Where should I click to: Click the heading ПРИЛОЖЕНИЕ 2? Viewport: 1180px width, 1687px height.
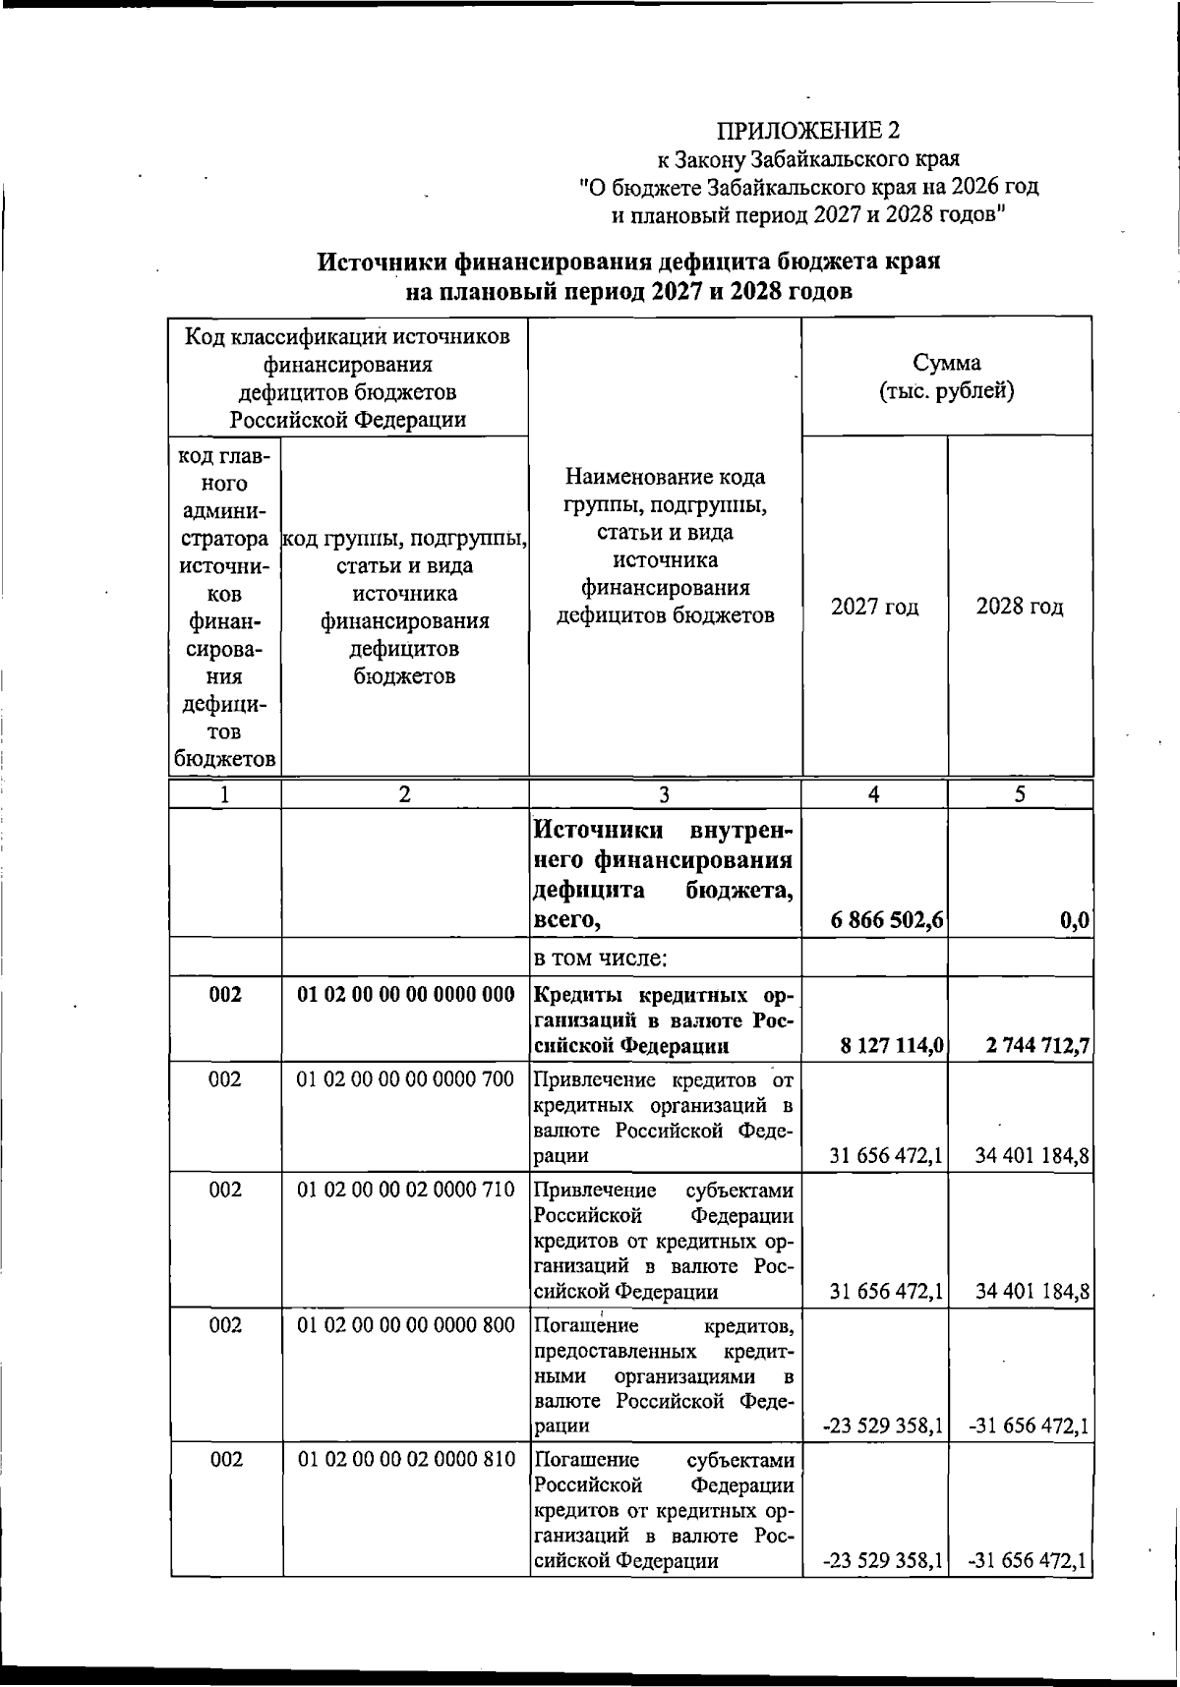pyautogui.click(x=808, y=131)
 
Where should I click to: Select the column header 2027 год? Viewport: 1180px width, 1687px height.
pyautogui.click(x=874, y=607)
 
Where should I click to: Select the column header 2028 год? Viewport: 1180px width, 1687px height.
pyautogui.click(x=1020, y=607)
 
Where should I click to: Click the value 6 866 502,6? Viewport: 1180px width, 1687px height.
pyautogui.click(x=888, y=920)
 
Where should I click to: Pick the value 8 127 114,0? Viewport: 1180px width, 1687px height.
pyautogui.click(x=893, y=1047)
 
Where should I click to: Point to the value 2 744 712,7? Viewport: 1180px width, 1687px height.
pyautogui.click(x=1037, y=1047)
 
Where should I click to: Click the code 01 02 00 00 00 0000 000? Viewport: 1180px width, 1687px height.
pyautogui.click(x=405, y=995)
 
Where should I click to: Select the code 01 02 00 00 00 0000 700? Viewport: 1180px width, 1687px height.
pyautogui.click(x=405, y=1079)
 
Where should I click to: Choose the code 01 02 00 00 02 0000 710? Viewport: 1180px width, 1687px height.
pyautogui.click(x=405, y=1190)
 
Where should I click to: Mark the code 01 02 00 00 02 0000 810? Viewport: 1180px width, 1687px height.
pyautogui.click(x=405, y=1460)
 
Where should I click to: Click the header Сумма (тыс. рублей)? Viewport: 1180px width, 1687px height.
pyautogui.click(x=946, y=378)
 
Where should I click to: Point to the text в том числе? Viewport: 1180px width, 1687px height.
pyautogui.click(x=601, y=957)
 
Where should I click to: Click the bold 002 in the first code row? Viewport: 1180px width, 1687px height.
pyautogui.click(x=225, y=995)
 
